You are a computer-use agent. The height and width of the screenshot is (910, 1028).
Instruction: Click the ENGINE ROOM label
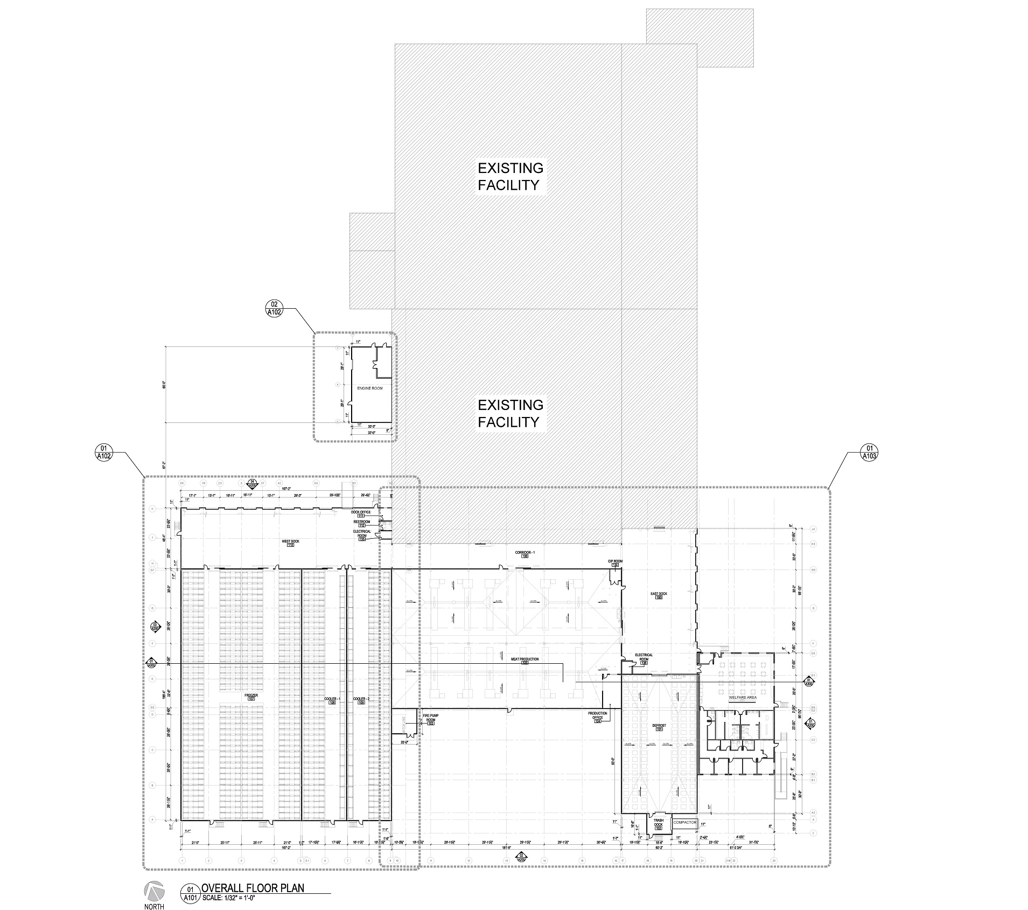(369, 388)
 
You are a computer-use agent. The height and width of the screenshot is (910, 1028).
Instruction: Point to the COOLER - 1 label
(332, 699)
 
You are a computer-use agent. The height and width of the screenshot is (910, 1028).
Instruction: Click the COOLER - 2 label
(360, 699)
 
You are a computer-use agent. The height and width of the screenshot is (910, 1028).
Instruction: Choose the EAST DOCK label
(659, 594)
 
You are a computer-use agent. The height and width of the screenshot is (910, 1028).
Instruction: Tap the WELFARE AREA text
(743, 697)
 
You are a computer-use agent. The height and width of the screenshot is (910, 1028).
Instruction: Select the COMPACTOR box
(685, 823)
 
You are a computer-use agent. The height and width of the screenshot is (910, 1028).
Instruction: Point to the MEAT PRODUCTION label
(525, 659)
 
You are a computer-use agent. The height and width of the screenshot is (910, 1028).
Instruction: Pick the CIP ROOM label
(615, 561)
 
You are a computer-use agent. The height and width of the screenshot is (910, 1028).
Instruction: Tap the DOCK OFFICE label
(361, 512)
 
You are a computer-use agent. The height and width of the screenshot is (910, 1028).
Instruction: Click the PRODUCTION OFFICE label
(597, 716)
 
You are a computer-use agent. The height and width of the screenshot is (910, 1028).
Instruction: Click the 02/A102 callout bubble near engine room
(274, 308)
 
